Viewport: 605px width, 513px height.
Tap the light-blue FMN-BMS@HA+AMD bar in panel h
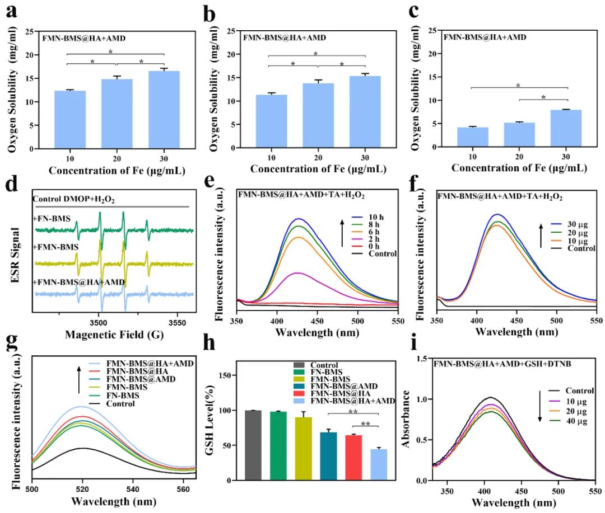click(379, 465)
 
